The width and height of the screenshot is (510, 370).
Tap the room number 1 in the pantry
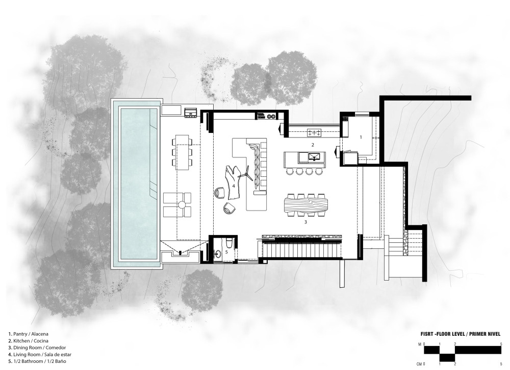[x=361, y=137]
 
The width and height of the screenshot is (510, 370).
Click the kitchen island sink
[x=314, y=157]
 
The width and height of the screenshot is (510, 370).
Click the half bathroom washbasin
[x=218, y=253]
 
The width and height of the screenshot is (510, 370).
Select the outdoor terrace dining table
[x=182, y=152]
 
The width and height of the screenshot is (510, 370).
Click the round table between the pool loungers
[x=182, y=205]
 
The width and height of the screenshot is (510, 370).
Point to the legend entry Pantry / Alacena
[x=28, y=334]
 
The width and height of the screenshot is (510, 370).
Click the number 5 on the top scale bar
[x=501, y=344]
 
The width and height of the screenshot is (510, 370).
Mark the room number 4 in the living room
[x=234, y=186]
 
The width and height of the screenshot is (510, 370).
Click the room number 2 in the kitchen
[x=313, y=145]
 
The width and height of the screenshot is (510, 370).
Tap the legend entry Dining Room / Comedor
[x=37, y=348]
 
